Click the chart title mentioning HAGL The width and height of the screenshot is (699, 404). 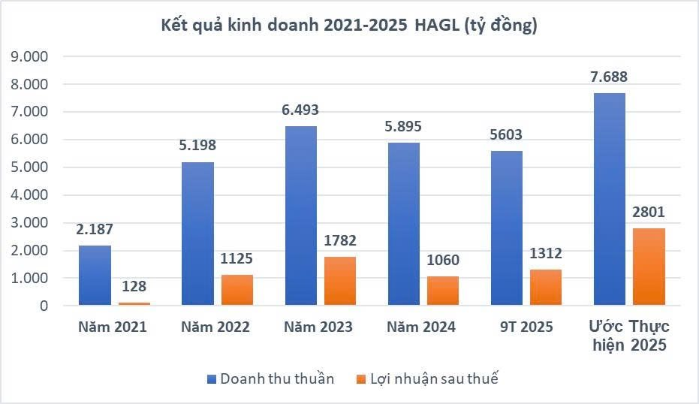[349, 26]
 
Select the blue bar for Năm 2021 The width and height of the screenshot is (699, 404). [94, 276]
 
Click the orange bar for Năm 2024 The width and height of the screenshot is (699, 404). [443, 291]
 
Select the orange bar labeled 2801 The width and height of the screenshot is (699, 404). [649, 267]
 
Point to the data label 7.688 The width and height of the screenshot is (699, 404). [608, 77]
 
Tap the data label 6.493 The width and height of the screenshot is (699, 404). [300, 110]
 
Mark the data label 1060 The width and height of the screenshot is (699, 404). [443, 261]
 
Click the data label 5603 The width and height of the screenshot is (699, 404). [507, 135]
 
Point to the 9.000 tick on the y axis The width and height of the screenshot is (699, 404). [29, 57]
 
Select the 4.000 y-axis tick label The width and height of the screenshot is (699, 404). [29, 195]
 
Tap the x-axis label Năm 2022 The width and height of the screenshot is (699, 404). [215, 327]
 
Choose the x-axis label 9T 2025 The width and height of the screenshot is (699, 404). [526, 327]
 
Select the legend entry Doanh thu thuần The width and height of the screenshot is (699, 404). [270, 378]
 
